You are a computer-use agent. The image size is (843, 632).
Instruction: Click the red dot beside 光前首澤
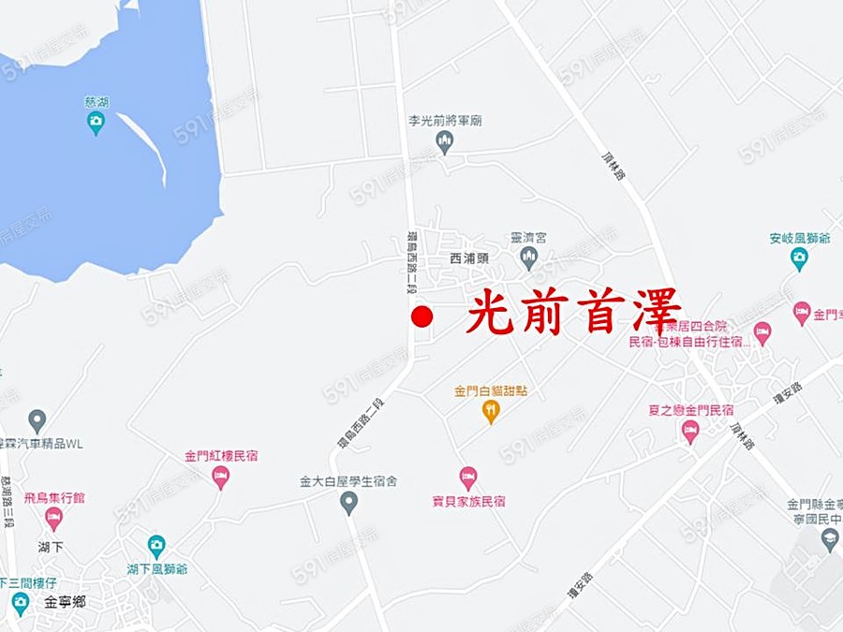(421, 316)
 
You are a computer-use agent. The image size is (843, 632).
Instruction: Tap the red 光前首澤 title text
(574, 312)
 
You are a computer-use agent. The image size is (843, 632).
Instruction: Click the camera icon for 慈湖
(96, 123)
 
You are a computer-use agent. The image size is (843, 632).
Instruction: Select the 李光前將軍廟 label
(445, 121)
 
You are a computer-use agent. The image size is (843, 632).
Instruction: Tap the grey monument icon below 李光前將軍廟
(445, 141)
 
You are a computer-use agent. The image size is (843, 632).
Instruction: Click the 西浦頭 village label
(469, 257)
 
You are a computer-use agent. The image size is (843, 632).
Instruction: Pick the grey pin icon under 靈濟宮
(528, 258)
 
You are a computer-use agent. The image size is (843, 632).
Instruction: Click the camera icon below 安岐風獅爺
(799, 258)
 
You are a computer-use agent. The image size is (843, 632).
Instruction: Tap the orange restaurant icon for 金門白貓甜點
(490, 411)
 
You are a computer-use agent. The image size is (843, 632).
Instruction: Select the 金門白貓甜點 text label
(490, 389)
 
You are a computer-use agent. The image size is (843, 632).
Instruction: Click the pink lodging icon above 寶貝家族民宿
(468, 478)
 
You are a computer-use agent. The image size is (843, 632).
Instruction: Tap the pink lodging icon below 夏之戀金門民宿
(690, 432)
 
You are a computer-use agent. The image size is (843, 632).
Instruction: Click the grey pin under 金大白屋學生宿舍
(348, 503)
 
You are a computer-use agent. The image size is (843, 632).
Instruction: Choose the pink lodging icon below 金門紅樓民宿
(221, 478)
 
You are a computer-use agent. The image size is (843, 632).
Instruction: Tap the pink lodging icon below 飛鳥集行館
(53, 518)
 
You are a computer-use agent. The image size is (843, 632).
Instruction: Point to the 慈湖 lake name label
(96, 101)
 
